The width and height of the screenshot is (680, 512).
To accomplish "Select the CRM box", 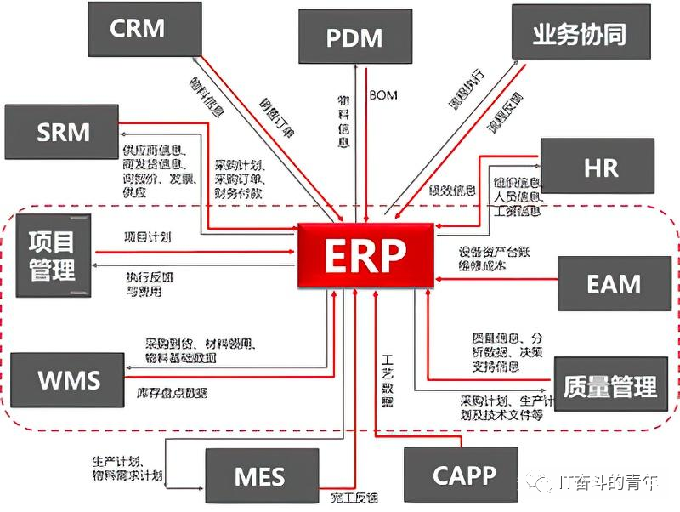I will (137, 28).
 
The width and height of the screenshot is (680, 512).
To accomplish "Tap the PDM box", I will (354, 37).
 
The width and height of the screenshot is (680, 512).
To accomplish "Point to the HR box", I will (600, 168).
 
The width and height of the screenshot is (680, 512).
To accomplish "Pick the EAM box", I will (613, 282).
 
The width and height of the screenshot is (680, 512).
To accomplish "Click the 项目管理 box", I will (52, 256).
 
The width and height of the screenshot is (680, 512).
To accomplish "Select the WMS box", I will (69, 378).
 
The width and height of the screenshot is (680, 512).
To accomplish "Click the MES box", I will (260, 475).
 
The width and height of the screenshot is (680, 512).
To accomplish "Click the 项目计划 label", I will (147, 237).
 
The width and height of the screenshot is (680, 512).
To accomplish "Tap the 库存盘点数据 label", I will (172, 393).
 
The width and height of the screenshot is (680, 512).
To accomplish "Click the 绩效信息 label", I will (451, 189).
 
